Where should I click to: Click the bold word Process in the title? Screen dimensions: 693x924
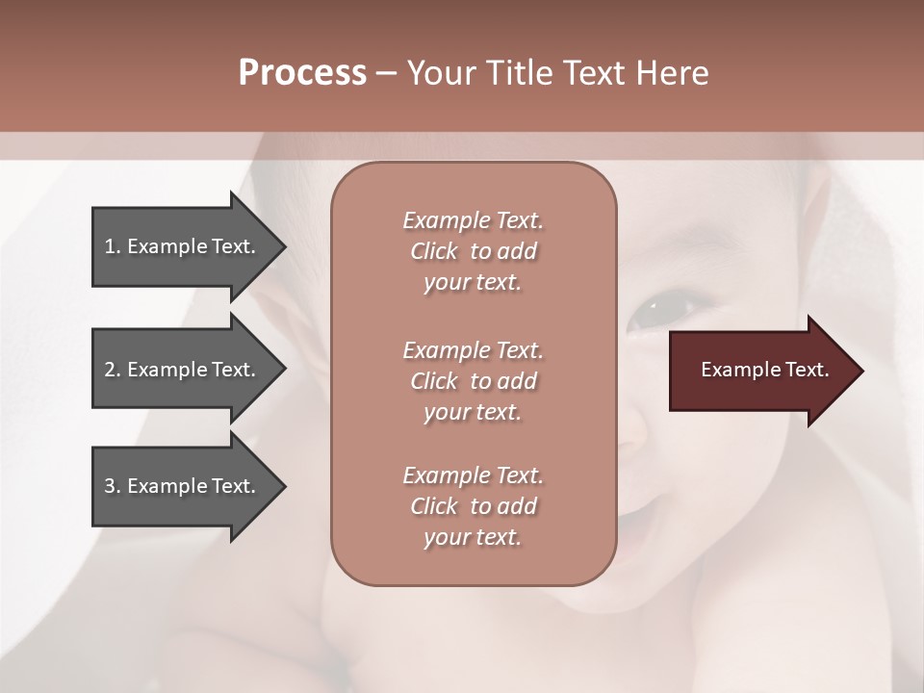(x=302, y=73)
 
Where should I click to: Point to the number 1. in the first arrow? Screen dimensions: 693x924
(x=113, y=246)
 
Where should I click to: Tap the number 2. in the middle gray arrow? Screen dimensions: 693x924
(x=113, y=370)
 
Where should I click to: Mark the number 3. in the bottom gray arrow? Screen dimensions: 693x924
(x=113, y=486)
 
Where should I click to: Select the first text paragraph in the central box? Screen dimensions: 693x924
(x=473, y=251)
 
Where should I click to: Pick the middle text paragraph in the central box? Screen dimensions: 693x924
(x=473, y=380)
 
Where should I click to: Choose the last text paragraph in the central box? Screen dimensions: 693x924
(x=473, y=506)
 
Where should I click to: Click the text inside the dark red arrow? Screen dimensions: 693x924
(x=764, y=370)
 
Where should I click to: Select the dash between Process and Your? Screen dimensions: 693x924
(x=386, y=74)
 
